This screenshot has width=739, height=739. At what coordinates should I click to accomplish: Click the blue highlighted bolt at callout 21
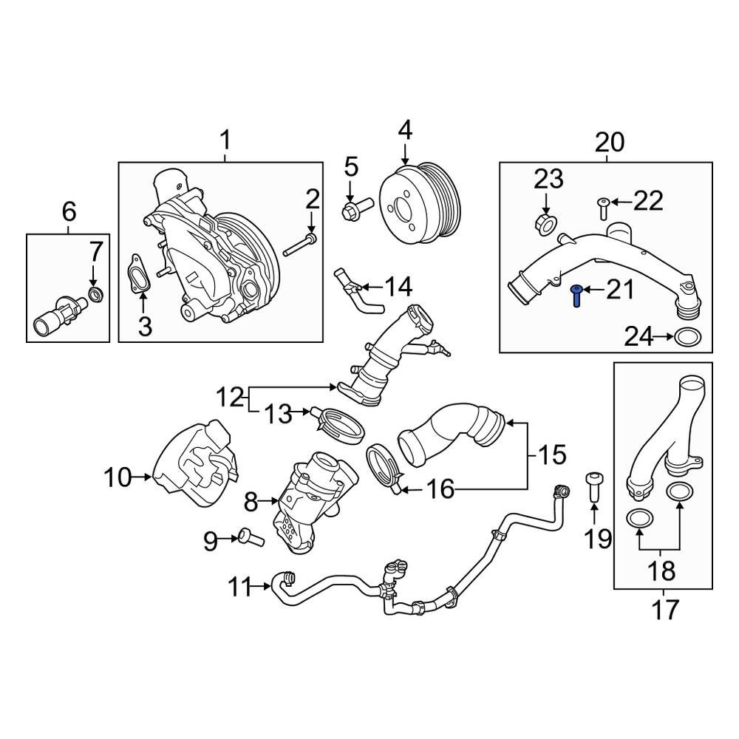(x=576, y=296)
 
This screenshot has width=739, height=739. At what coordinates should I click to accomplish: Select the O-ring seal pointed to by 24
(x=688, y=338)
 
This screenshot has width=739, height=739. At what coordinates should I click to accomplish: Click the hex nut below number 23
(x=545, y=222)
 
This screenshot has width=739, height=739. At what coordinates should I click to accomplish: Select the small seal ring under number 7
(x=95, y=297)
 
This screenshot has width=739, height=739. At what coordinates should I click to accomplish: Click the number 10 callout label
(x=117, y=477)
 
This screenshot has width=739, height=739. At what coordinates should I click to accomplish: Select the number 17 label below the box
(x=663, y=611)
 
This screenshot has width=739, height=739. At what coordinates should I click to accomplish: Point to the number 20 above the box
(x=610, y=141)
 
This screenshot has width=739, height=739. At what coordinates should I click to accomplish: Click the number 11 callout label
(x=239, y=588)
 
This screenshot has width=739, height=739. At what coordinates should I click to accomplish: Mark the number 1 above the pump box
(x=225, y=140)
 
